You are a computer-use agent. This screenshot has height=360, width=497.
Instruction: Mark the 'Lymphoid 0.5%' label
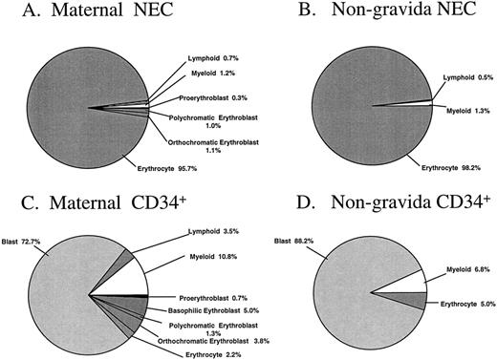tap(464, 78)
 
